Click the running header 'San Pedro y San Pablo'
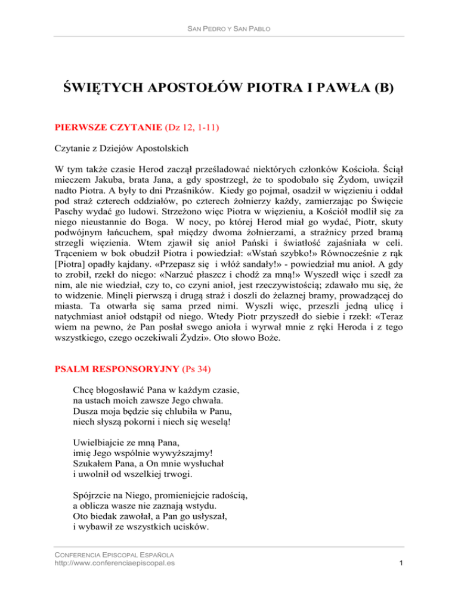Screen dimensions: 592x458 tap(229, 29)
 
